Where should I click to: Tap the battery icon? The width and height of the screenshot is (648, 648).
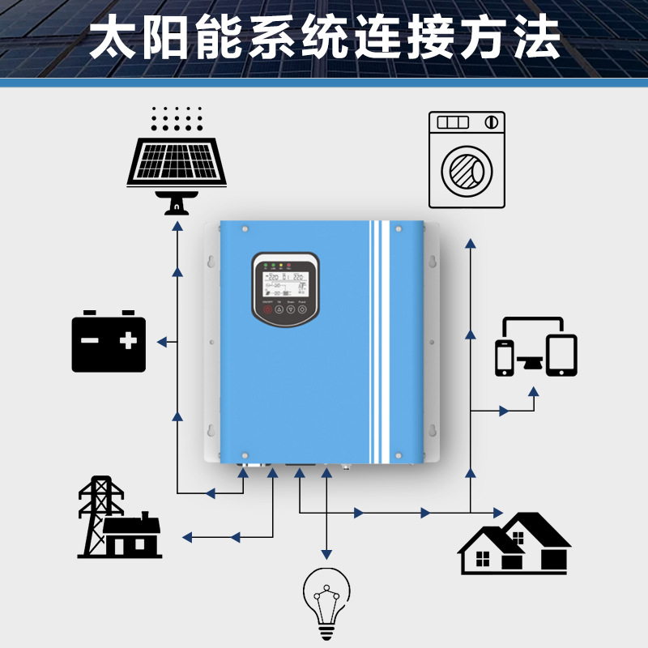click(x=109, y=343)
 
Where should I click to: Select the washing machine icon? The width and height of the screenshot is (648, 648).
click(x=466, y=160)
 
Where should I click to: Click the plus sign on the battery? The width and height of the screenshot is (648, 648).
click(x=128, y=341)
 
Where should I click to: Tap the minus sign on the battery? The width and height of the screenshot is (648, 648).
click(x=90, y=341)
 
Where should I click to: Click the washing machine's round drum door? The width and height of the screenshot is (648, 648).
click(x=467, y=171)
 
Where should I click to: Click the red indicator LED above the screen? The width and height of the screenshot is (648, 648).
click(x=289, y=265)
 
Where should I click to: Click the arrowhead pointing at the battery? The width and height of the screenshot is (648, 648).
click(x=163, y=343)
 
